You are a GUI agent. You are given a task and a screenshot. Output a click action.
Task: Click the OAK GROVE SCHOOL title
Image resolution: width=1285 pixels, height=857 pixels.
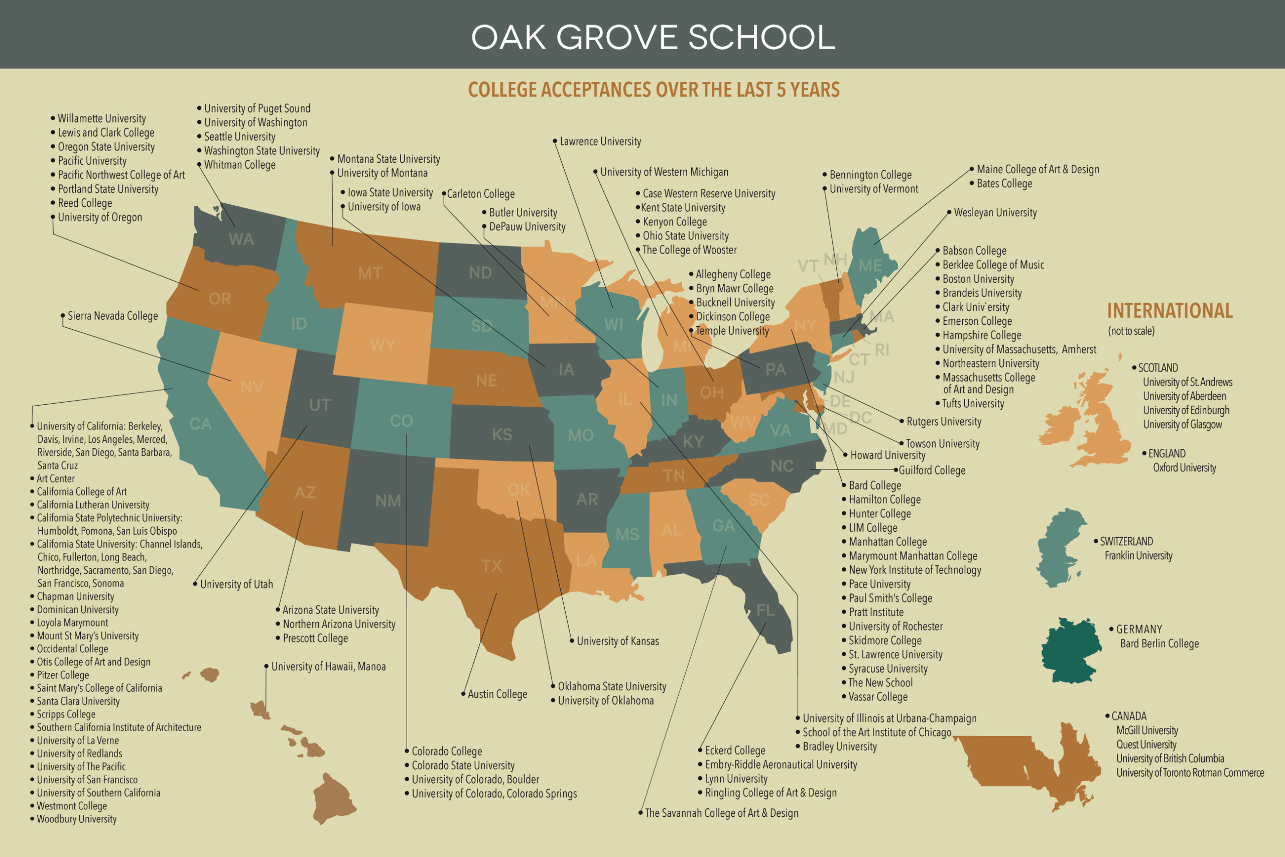pyautogui.click(x=653, y=37)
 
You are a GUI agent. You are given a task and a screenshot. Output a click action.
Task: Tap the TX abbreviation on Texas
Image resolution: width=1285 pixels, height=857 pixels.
pyautogui.click(x=491, y=566)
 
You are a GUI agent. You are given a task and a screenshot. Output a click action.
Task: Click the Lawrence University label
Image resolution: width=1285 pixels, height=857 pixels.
pyautogui.click(x=600, y=142)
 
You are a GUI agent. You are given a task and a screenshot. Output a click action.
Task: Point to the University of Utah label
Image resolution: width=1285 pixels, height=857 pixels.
pyautogui.click(x=236, y=584)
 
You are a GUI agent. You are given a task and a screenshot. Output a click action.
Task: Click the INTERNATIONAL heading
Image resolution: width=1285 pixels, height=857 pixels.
pyautogui.click(x=1170, y=311)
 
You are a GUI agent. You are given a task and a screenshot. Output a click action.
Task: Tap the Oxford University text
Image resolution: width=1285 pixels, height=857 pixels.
pyautogui.click(x=1185, y=468)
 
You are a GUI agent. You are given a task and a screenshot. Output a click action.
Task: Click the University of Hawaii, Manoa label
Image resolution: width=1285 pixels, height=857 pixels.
pyautogui.click(x=328, y=667)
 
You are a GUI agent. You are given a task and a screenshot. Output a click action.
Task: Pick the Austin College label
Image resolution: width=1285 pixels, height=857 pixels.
pyautogui.click(x=497, y=694)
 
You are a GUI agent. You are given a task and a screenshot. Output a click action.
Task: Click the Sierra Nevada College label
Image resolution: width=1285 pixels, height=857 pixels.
pyautogui.click(x=112, y=316)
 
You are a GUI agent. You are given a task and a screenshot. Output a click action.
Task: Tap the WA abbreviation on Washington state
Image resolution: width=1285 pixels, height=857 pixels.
pyautogui.click(x=241, y=239)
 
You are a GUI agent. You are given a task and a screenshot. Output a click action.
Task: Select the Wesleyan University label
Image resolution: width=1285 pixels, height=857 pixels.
pyautogui.click(x=995, y=212)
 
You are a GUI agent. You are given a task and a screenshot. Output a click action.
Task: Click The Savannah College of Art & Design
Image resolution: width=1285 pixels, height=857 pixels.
pyautogui.click(x=721, y=813)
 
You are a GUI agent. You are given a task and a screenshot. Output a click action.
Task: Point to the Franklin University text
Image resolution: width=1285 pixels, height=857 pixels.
pyautogui.click(x=1138, y=556)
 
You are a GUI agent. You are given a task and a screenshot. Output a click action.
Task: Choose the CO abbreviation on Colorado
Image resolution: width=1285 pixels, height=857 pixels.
pyautogui.click(x=401, y=421)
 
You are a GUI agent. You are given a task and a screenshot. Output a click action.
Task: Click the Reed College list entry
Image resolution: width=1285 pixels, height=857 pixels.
pyautogui.click(x=85, y=203)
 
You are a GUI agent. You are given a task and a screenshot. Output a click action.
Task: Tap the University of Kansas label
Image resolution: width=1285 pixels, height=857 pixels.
pyautogui.click(x=617, y=641)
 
